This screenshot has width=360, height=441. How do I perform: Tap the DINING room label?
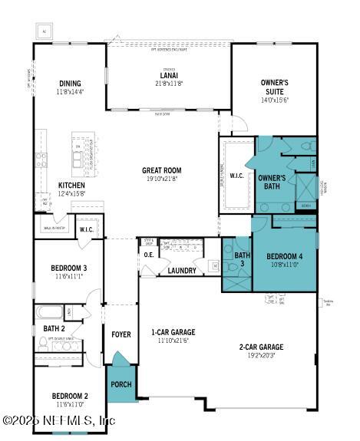point(71,84)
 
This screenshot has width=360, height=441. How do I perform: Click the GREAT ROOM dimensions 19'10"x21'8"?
point(160,179)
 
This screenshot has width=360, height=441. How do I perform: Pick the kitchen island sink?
point(78,158)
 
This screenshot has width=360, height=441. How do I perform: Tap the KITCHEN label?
point(71,186)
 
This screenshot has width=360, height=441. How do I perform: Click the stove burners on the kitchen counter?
point(40,160)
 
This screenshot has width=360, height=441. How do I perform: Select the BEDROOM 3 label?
point(68,268)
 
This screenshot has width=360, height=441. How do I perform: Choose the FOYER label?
point(121,334)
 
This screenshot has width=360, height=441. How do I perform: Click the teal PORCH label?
point(121,384)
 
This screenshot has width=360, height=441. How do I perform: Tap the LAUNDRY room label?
point(181,271)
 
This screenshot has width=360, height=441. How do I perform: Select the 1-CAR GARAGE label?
point(173,332)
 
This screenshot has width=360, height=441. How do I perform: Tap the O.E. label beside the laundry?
point(149,255)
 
